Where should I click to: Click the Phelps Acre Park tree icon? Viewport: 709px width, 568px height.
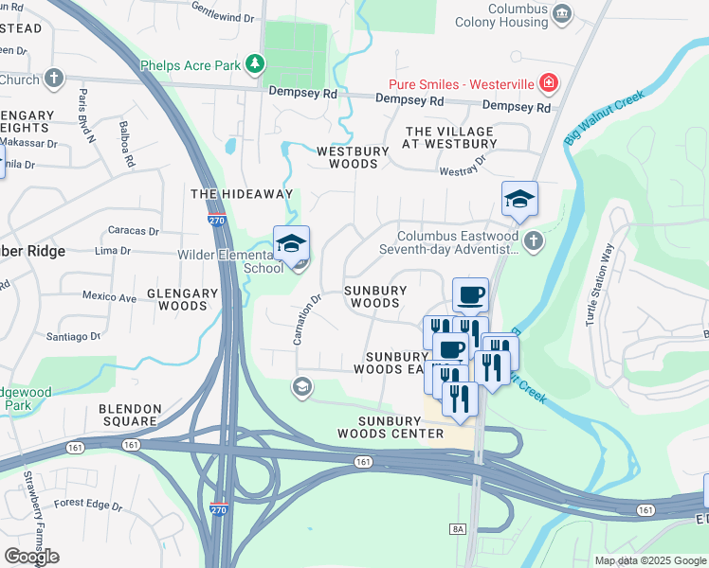[254, 64]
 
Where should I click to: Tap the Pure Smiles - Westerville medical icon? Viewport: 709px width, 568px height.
[548, 83]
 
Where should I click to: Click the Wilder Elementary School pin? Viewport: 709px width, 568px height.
[292, 244]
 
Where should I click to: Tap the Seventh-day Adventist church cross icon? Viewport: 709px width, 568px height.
[534, 241]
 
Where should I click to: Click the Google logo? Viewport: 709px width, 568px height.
[31, 556]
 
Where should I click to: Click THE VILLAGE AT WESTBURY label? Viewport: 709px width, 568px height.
[449, 137]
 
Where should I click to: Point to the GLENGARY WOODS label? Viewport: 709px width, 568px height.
[171, 299]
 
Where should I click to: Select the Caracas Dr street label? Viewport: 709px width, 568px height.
[133, 230]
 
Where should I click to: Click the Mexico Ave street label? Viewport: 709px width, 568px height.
[108, 296]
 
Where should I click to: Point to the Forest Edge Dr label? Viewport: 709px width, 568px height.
[89, 506]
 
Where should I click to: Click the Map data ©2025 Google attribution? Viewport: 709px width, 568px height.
[649, 560]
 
